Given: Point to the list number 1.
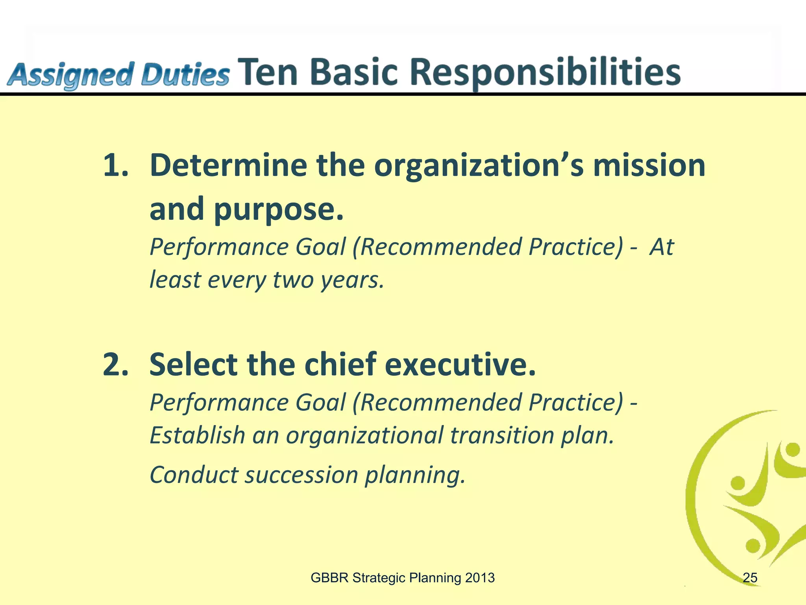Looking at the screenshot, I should (115, 165).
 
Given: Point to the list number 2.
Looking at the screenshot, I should (115, 365).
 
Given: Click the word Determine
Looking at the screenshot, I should (228, 165).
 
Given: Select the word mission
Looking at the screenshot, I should (649, 165).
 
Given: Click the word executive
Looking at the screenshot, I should (460, 365).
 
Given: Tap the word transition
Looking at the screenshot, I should (502, 435).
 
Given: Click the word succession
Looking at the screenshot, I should (301, 475).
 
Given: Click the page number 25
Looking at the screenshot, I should (750, 578).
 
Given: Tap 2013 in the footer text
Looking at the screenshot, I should (479, 578).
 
